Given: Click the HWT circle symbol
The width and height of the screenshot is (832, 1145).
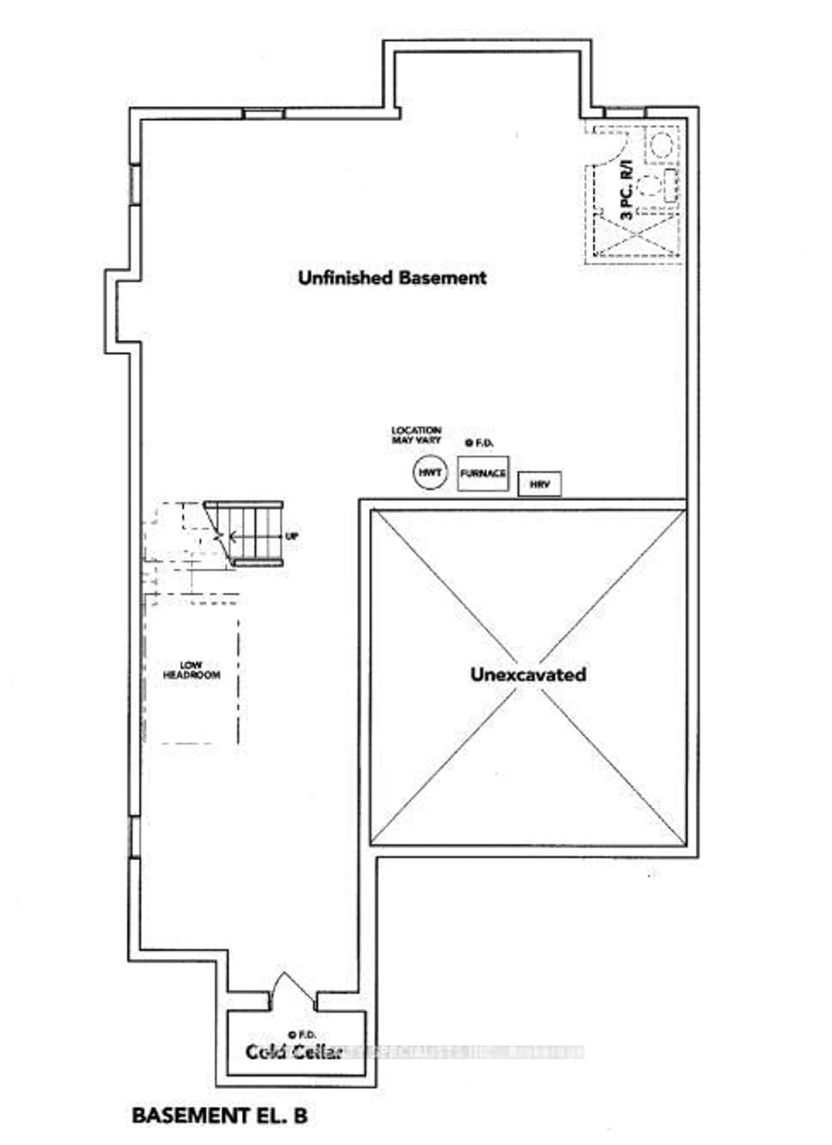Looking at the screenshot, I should coord(430,473).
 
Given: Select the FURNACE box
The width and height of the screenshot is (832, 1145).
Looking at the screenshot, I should coord(483,473).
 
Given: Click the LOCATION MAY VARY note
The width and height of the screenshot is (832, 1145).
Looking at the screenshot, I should coord(416,435).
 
